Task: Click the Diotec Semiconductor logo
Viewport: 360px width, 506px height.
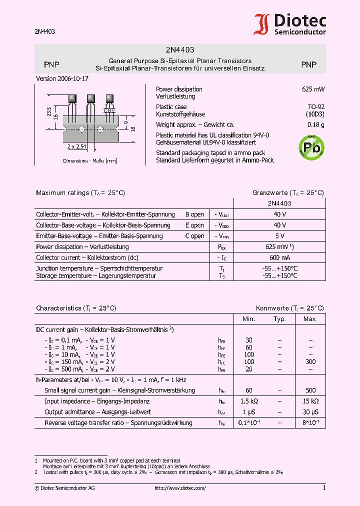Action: tap(290, 24)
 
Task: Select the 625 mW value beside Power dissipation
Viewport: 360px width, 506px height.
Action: tap(313, 89)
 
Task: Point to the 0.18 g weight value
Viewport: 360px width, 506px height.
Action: tap(315, 124)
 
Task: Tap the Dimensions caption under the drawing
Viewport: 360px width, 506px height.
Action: tap(90, 160)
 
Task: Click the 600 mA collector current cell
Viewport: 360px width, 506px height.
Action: tap(279, 257)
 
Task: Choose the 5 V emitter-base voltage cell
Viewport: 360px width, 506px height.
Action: tap(279, 235)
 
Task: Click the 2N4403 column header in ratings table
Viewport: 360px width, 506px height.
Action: tap(279, 203)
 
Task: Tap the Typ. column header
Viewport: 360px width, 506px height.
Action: tap(279, 318)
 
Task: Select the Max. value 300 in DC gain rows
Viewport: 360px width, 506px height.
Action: tap(310, 361)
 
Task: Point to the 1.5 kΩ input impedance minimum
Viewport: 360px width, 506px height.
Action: tap(249, 401)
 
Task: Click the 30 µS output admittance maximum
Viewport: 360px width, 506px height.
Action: tap(310, 412)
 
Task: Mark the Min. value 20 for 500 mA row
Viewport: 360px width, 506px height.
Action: tap(249, 369)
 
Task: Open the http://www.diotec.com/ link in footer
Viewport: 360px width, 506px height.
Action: tap(180, 488)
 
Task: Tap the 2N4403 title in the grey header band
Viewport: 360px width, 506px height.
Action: tap(180, 50)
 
